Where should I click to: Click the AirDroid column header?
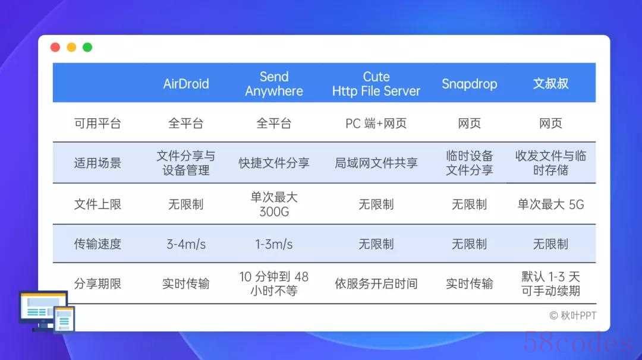186,83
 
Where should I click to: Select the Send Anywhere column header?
274,83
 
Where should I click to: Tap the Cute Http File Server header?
376,83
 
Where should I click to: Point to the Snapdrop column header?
469,83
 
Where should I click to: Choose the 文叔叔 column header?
550,83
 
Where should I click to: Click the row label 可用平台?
97,123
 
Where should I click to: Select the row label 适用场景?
97,163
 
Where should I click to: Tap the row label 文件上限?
97,204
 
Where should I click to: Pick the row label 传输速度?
97,244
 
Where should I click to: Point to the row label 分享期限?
97,283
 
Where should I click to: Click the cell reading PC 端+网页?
376,123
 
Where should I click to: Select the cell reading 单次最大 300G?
274,204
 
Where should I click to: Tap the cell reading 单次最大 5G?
550,204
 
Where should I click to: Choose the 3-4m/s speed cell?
186,244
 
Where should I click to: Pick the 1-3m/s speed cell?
274,244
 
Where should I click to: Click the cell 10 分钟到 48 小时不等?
274,283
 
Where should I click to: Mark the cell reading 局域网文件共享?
376,163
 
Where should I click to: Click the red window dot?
55,48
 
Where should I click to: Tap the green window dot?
87,48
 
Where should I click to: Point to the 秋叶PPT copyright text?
573,315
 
